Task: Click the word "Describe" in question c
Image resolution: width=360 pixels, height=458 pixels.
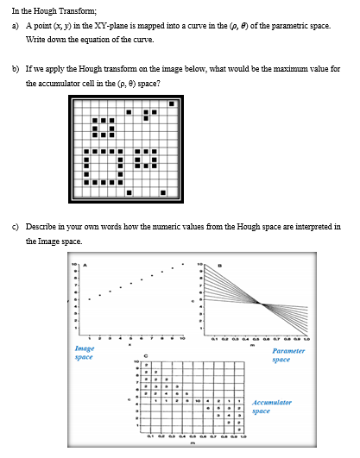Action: (41, 226)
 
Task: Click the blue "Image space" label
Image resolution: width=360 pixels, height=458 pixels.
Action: (85, 352)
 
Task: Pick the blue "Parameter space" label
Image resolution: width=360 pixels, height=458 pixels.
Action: (288, 354)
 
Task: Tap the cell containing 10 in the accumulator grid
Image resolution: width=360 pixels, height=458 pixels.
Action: (198, 400)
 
